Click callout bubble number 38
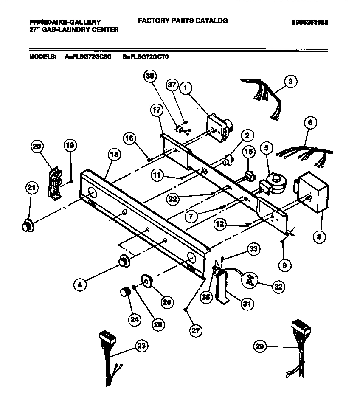150,76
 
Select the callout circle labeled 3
290,82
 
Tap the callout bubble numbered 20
37,147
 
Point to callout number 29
260,347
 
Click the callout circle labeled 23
141,346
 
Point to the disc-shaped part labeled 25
147,282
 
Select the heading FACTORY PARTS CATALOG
183,20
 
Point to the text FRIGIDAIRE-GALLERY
65,22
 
